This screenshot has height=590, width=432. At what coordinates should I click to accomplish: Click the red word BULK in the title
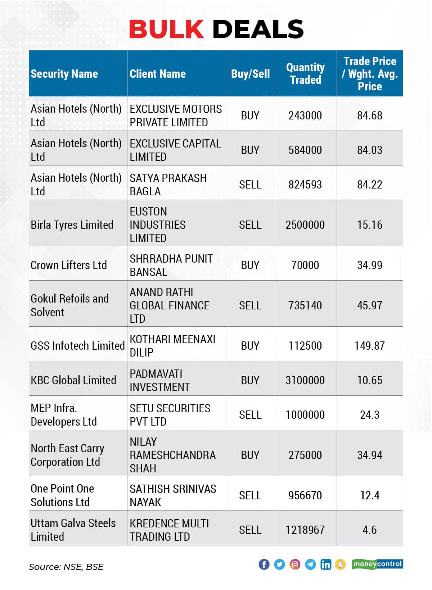166,29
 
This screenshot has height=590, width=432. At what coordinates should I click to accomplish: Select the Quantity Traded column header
305,73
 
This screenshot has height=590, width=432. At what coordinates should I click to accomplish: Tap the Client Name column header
158,74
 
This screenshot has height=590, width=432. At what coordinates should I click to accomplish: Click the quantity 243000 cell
305,115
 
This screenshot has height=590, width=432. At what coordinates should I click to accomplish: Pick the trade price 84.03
369,150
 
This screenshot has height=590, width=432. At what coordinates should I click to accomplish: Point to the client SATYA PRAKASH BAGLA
168,184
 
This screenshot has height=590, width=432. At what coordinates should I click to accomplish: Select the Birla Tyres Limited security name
72,225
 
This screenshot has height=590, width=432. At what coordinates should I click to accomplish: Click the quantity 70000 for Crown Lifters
305,265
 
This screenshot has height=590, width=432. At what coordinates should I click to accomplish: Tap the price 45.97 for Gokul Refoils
369,305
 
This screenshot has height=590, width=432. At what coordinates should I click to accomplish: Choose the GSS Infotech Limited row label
77,346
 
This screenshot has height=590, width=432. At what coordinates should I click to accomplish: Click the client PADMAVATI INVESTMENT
159,380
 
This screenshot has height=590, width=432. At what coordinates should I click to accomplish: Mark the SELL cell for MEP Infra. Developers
250,415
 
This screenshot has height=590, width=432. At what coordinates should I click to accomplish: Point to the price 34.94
369,455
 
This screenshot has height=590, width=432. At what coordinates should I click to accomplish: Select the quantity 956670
305,495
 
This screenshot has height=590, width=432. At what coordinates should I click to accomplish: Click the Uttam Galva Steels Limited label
73,530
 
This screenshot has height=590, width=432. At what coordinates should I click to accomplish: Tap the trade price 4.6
369,530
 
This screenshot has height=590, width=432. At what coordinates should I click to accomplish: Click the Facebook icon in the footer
264,564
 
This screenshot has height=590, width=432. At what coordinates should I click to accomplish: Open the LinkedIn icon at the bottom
326,564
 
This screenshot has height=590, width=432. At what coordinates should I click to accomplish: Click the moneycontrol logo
377,564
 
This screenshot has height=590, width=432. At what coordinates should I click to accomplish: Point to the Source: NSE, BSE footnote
66,567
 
